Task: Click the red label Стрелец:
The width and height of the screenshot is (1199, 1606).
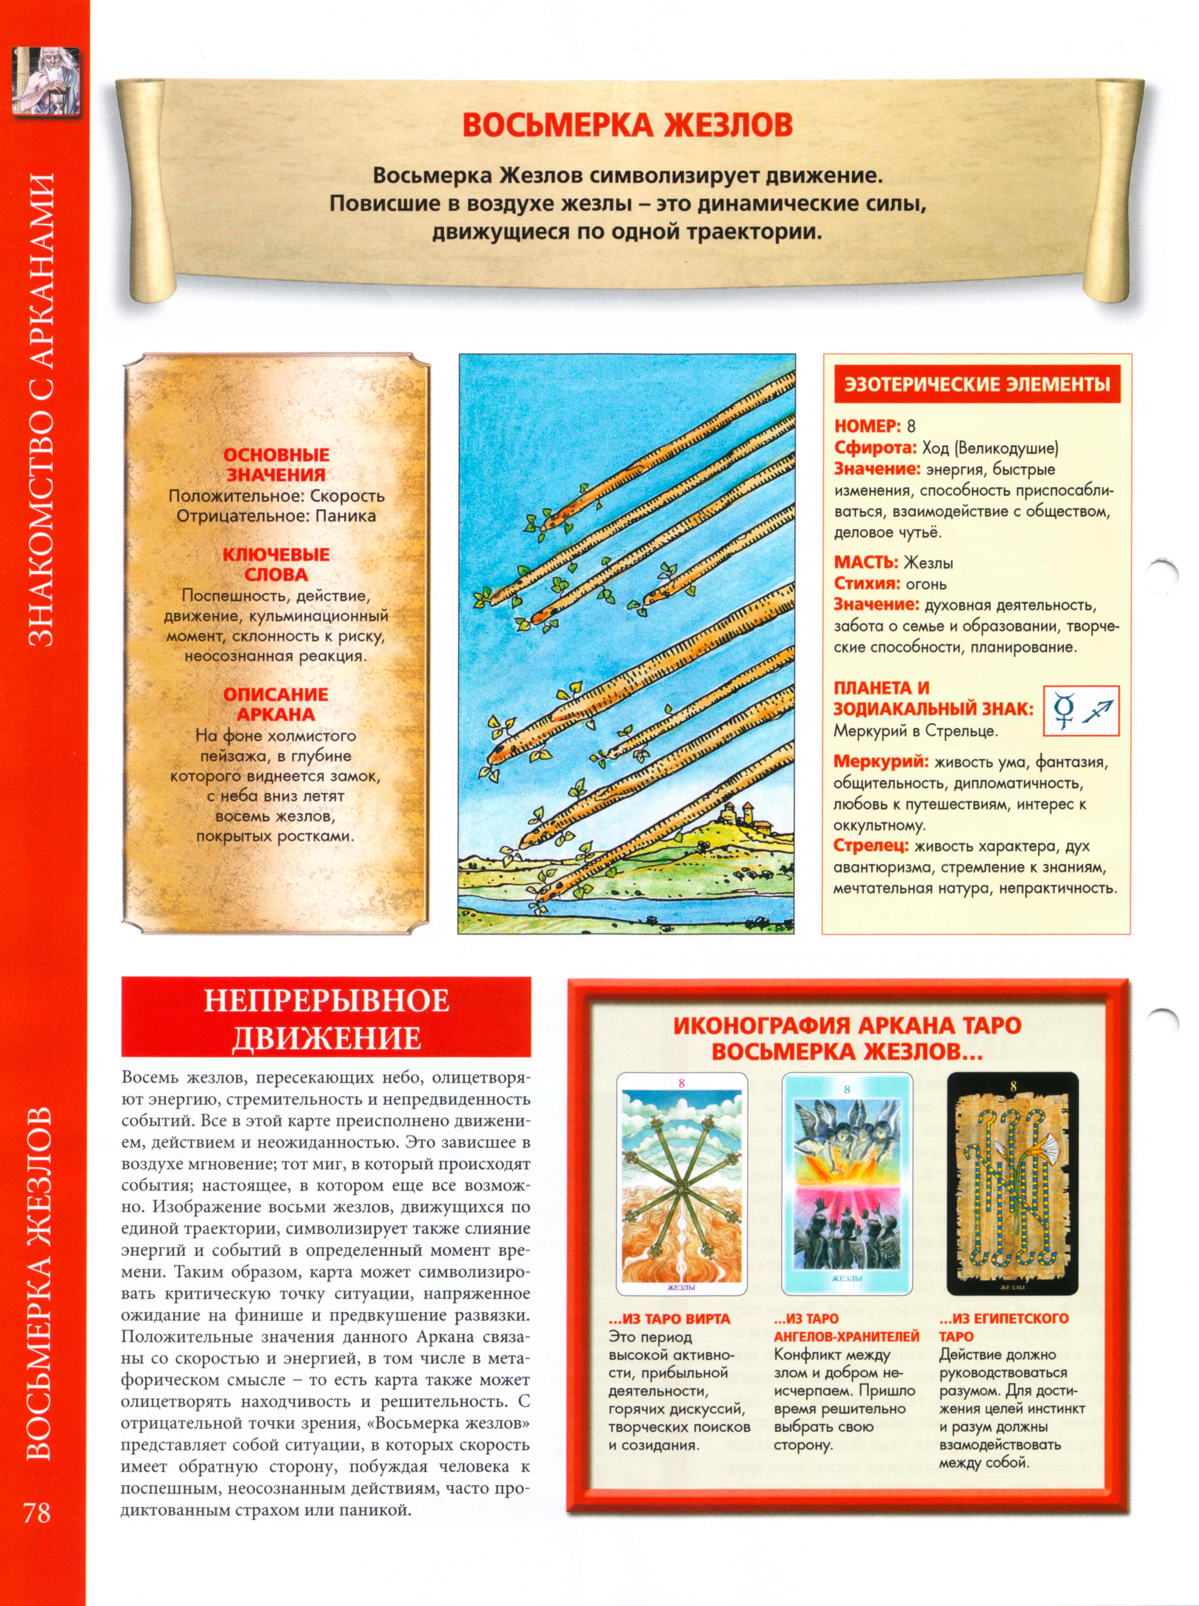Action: tap(870, 846)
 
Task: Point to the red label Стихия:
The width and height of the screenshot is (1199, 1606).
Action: tap(865, 583)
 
